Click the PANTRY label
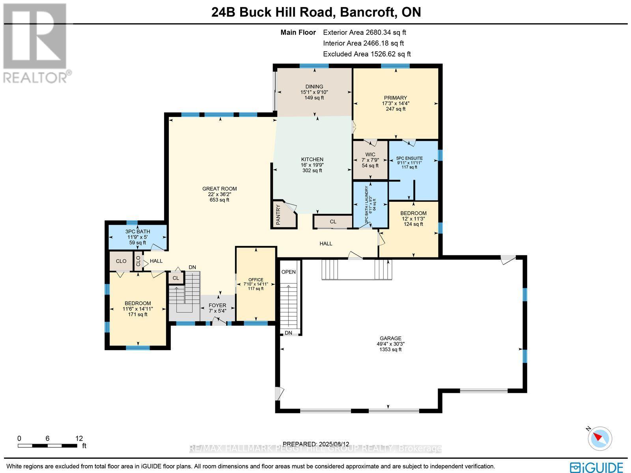click(278, 214)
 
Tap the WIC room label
click(370, 154)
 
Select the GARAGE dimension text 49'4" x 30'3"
click(390, 344)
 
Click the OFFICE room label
click(256, 280)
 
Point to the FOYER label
click(217, 305)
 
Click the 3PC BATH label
click(138, 231)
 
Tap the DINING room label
click(314, 86)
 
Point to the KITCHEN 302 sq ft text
click(312, 171)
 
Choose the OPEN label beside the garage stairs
click(288, 272)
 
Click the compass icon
click(600, 438)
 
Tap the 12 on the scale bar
click(79, 438)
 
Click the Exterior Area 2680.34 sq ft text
click(364, 33)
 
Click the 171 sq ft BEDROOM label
click(137, 314)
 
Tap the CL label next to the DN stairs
click(175, 278)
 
